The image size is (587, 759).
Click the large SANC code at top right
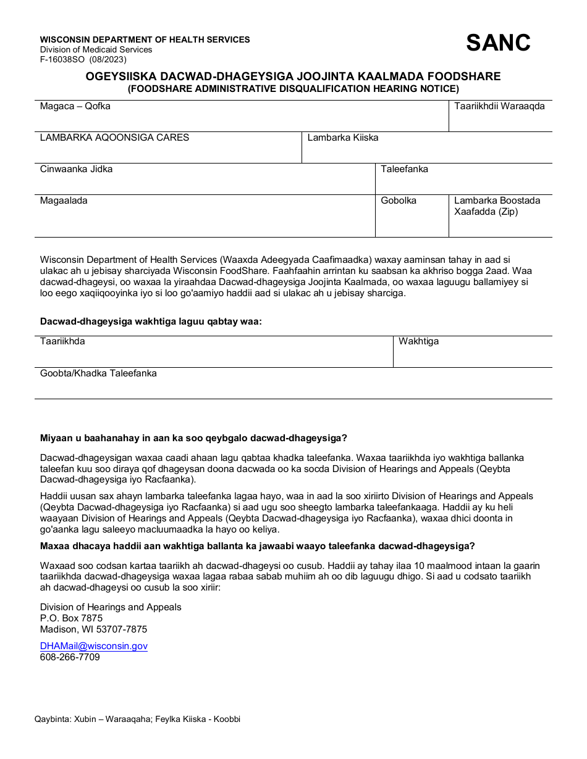point(497,43)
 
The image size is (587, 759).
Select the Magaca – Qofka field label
point(75,106)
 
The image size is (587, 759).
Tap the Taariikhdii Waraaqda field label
point(499,106)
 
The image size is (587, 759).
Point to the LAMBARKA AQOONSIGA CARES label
point(114,138)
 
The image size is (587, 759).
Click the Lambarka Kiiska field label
point(343,138)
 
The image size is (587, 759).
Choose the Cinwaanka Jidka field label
point(76,169)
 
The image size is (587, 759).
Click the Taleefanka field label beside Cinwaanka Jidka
point(404,169)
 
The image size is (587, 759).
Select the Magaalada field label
point(64,201)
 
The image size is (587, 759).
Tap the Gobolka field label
point(399,201)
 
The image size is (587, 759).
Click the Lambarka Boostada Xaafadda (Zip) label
point(497,206)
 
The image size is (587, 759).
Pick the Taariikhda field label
point(62,341)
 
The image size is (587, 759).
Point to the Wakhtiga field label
point(418,341)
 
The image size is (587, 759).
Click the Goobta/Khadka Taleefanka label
point(98,373)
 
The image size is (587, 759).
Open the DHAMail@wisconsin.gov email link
point(94,646)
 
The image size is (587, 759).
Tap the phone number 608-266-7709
point(70,657)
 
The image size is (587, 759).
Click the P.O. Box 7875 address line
point(71,618)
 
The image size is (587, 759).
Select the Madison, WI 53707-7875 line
point(93,629)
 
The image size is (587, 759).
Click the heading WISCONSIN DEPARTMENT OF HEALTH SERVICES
point(145,39)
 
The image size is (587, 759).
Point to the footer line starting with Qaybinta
point(137,720)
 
